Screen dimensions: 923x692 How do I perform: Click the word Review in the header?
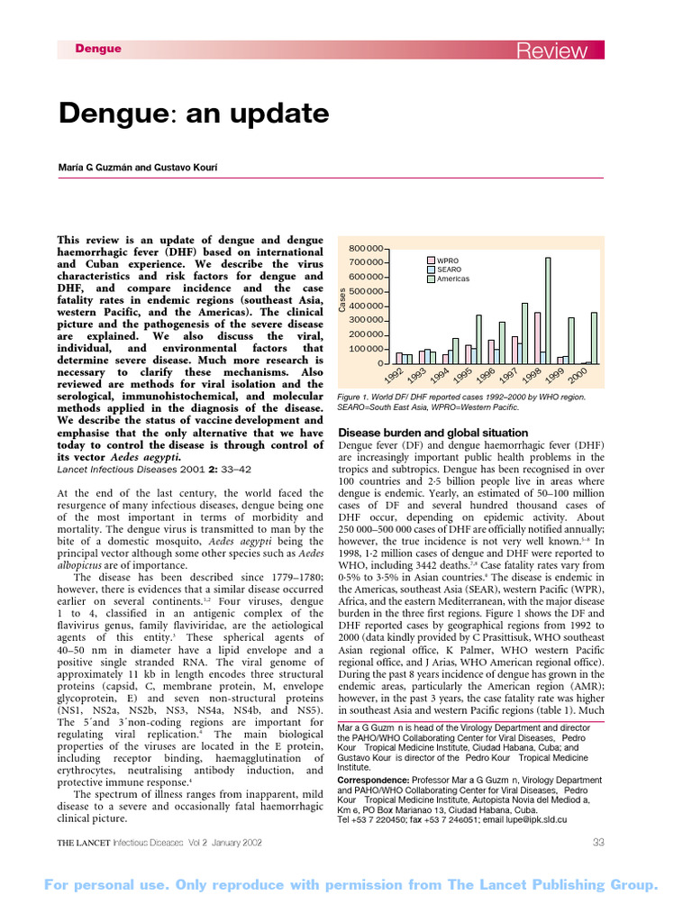[x=551, y=50]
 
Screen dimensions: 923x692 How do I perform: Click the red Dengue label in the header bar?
[x=97, y=49]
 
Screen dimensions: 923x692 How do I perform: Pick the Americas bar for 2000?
[x=594, y=338]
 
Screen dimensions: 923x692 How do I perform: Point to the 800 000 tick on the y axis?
[x=366, y=248]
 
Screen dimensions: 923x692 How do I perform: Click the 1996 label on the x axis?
[x=486, y=374]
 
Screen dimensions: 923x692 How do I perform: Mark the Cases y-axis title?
[x=342, y=299]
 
